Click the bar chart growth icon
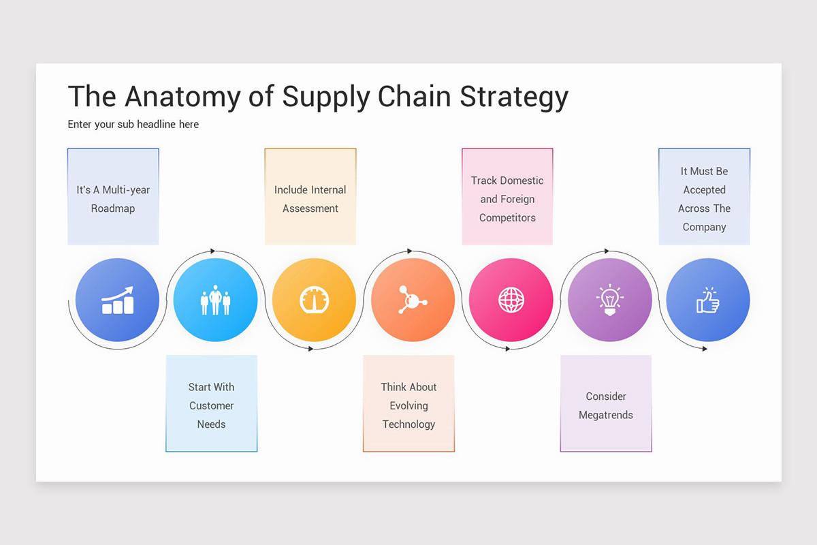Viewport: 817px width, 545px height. (x=117, y=300)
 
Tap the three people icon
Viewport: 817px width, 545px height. (x=215, y=300)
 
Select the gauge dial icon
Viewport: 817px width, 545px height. (x=314, y=300)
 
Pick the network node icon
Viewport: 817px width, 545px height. (x=412, y=300)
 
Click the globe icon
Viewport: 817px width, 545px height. (x=511, y=300)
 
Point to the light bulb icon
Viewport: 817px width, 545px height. (x=609, y=300)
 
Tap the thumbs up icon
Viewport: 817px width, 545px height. (x=708, y=300)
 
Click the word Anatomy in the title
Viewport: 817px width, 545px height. (x=183, y=97)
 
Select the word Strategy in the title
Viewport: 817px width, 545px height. (x=514, y=97)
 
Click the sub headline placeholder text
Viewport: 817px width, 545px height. (x=133, y=124)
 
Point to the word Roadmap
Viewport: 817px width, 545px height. (x=113, y=208)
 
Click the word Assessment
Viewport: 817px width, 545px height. (x=310, y=208)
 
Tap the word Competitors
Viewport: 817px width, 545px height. (x=507, y=218)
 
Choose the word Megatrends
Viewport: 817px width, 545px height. (x=606, y=415)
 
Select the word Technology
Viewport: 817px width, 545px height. (x=408, y=424)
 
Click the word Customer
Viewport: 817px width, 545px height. (x=211, y=405)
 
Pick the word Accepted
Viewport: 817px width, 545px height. (x=704, y=190)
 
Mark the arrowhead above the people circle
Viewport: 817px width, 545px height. (x=213, y=251)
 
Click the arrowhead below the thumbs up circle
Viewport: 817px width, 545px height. (x=705, y=349)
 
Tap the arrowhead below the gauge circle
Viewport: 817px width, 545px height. (x=311, y=349)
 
